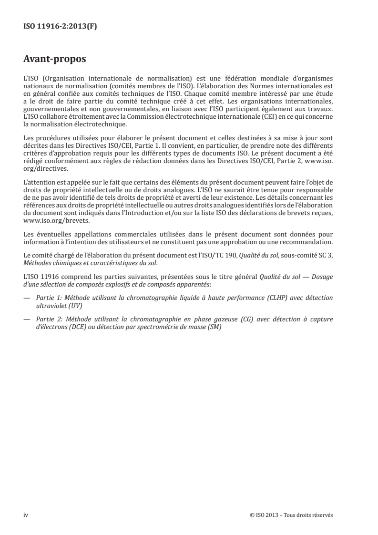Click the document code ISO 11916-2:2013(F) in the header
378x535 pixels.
point(60,27)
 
